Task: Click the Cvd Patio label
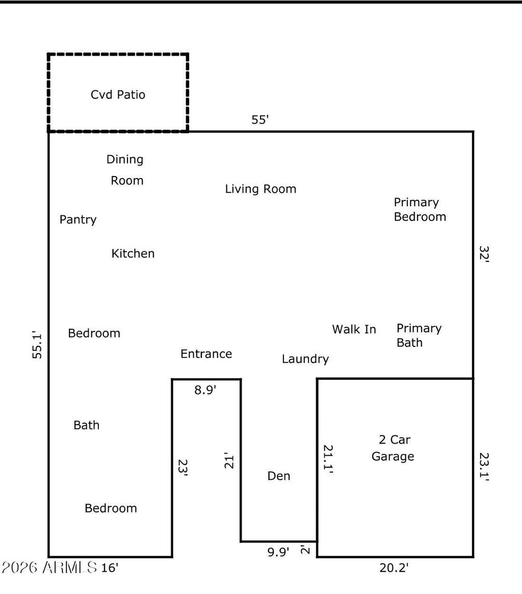click(x=118, y=94)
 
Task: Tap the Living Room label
click(x=260, y=189)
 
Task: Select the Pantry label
click(x=78, y=219)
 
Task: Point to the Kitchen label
click(x=133, y=253)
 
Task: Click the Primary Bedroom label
click(x=420, y=209)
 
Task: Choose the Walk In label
click(x=354, y=329)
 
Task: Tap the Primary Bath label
click(x=419, y=335)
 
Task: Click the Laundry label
click(x=305, y=359)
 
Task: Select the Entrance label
click(x=206, y=354)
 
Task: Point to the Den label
click(x=279, y=476)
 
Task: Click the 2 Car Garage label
click(x=393, y=448)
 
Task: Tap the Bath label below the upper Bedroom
click(x=86, y=425)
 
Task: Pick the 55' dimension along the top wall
click(x=260, y=120)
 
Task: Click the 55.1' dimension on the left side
click(x=37, y=345)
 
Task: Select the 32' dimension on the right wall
click(x=484, y=254)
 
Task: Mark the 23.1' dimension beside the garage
click(x=484, y=467)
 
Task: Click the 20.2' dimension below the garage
click(x=394, y=567)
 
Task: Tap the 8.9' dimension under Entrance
click(x=205, y=390)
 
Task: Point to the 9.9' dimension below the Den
click(x=278, y=552)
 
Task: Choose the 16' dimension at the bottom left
click(x=110, y=567)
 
